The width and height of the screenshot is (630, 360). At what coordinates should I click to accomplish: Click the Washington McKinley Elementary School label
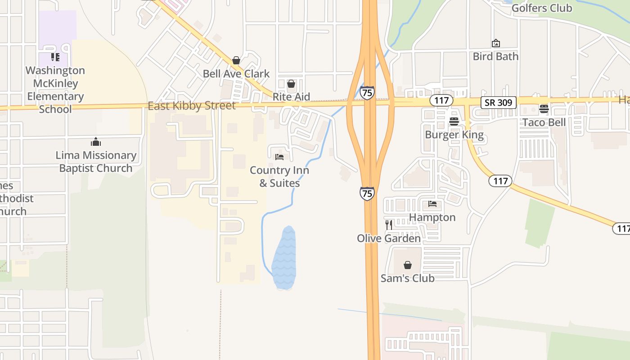55,90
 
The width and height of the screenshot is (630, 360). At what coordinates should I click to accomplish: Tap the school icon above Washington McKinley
55,57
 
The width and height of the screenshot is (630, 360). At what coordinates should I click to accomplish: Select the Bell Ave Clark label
236,73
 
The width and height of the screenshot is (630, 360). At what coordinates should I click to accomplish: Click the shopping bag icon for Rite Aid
291,84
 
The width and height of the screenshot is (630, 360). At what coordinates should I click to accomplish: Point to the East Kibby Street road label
192,106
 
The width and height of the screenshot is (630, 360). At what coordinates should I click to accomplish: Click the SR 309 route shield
499,102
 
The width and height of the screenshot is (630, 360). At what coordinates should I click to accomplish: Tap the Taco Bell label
544,122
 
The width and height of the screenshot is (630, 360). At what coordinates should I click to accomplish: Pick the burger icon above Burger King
454,121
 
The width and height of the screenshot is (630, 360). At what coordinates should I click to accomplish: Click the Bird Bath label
495,56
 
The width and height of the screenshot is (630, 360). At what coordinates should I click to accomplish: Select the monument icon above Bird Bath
495,43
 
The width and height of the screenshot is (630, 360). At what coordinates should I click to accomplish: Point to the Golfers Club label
542,8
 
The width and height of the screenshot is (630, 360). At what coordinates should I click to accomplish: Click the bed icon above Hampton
432,204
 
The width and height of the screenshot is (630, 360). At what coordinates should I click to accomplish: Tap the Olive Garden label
389,238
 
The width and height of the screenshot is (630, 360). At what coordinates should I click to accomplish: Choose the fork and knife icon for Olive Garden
389,225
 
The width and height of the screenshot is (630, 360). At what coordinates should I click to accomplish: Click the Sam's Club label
408,278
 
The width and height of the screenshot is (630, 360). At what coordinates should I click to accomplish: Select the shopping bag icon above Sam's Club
408,265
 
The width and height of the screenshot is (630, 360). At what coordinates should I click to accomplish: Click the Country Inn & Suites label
279,176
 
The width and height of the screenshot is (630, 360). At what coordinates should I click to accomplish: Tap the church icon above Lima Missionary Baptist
96,142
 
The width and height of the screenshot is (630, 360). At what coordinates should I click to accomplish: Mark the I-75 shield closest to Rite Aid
367,93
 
